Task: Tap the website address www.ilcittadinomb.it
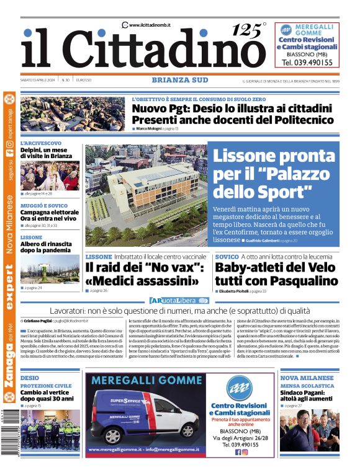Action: [150, 25]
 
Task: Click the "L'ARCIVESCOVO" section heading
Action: [41, 143]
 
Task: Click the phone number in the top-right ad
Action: [307, 63]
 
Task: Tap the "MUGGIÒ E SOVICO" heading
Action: [44, 205]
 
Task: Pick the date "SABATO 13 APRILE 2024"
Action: [38, 80]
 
